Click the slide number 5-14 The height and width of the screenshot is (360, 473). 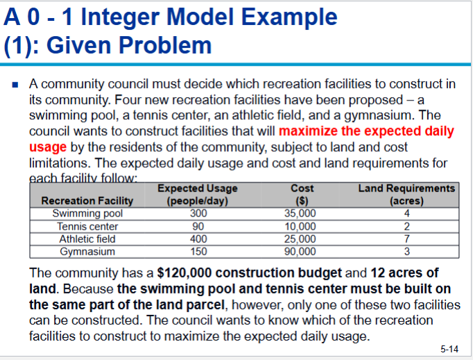(x=449, y=349)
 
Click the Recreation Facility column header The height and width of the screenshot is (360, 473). (x=87, y=201)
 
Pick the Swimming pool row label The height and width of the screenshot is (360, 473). (x=87, y=214)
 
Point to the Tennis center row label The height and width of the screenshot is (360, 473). (x=87, y=226)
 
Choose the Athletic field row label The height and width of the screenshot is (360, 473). (x=87, y=239)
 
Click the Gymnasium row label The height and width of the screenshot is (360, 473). (x=87, y=251)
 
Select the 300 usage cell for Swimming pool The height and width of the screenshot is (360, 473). (x=198, y=214)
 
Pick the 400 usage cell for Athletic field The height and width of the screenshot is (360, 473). (x=198, y=239)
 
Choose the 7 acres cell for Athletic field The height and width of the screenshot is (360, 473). (x=406, y=239)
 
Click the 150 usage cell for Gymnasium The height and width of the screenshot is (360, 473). (x=198, y=251)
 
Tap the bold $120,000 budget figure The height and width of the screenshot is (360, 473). (x=184, y=273)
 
